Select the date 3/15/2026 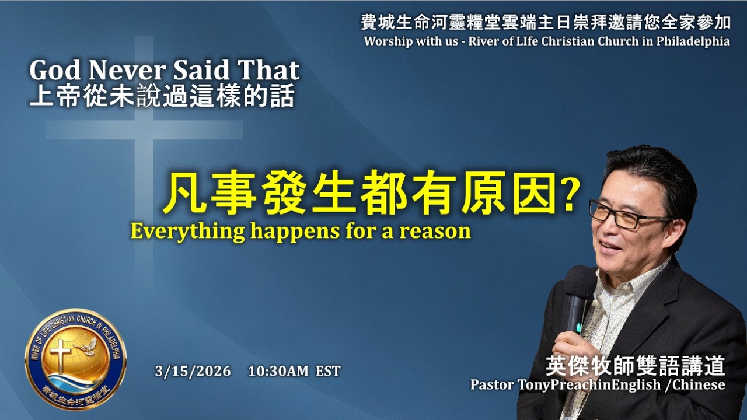(x=193, y=371)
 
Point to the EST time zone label (x=328, y=371)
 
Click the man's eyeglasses (x=627, y=215)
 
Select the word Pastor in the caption (x=492, y=385)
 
